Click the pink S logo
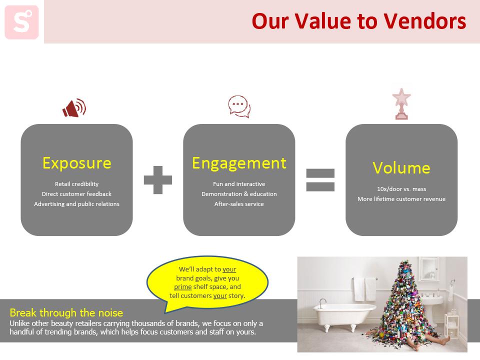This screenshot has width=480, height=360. [21, 22]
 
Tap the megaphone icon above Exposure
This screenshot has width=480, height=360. [74, 108]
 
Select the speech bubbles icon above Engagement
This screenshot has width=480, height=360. [239, 106]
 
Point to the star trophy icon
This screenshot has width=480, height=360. [401, 104]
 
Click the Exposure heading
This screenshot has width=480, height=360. [77, 163]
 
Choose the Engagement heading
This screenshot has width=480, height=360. [239, 163]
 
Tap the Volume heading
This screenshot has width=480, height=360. [401, 168]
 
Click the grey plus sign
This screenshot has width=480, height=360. [158, 180]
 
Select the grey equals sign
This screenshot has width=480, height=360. [320, 180]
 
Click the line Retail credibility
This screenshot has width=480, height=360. [77, 184]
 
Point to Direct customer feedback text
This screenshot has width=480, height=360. [77, 194]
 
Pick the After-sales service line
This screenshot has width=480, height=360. [239, 204]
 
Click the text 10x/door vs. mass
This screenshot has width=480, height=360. [401, 189]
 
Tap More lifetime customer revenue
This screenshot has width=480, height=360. [401, 199]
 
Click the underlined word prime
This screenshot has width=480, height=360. [183, 287]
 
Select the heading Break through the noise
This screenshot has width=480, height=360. [66, 312]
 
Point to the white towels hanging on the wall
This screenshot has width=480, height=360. [364, 289]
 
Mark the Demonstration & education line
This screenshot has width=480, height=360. [239, 194]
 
